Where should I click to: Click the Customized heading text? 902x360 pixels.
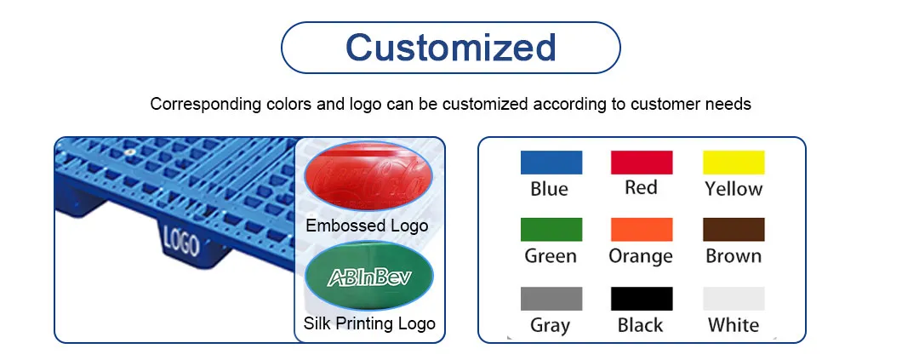tap(450, 47)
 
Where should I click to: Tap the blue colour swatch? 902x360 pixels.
tap(551, 163)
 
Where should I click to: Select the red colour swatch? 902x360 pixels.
tap(642, 163)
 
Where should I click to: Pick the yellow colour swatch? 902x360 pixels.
tap(734, 163)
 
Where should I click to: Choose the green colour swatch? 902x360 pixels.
tap(551, 230)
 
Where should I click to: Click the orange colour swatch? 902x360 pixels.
tap(642, 230)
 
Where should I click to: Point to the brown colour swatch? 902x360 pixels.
tap(734, 230)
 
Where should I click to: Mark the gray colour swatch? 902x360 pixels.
tap(551, 299)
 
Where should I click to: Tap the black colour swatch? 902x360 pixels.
tap(642, 299)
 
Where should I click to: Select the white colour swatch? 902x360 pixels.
tap(734, 299)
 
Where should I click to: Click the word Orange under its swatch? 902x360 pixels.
tap(641, 256)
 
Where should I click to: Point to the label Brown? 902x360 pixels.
tap(734, 256)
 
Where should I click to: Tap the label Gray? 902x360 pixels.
tap(549, 325)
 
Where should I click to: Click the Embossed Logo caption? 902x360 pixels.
tap(367, 226)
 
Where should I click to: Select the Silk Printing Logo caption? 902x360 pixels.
tap(369, 323)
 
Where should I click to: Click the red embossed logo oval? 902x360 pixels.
tap(368, 177)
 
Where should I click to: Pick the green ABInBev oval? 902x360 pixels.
tap(368, 277)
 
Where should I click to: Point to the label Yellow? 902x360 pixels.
tap(734, 189)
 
